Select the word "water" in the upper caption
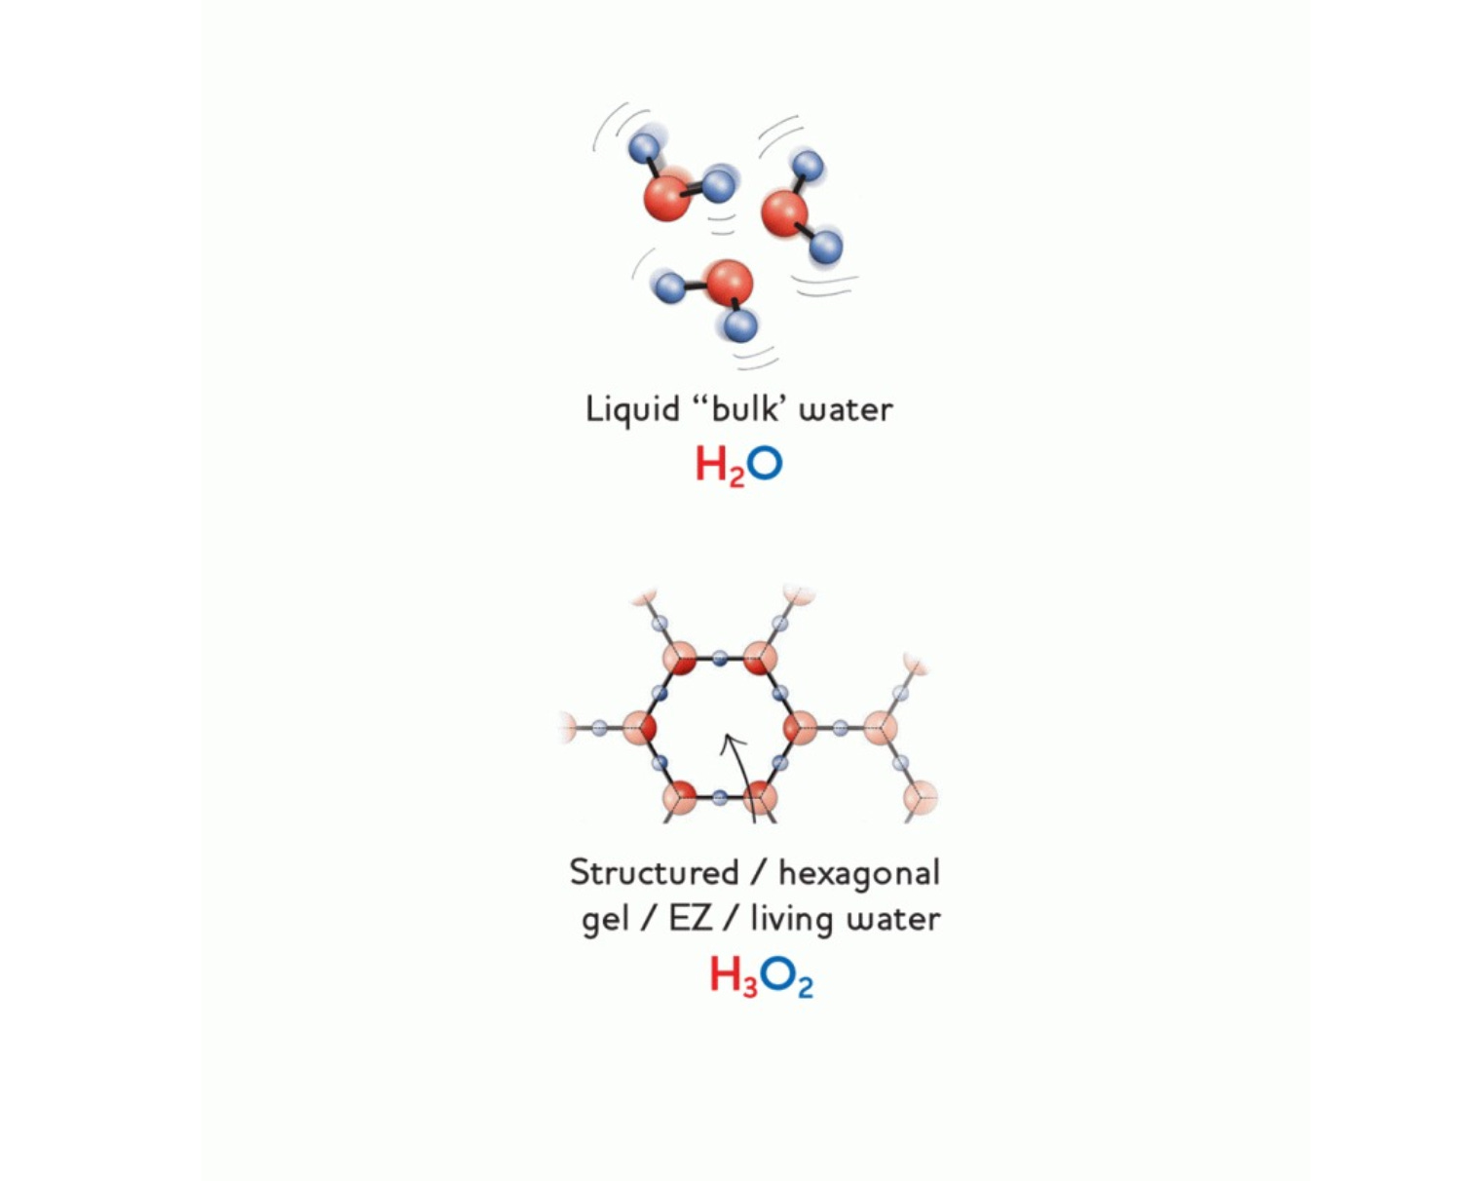845,409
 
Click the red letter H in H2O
711,464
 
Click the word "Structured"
654,872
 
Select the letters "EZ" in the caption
690,918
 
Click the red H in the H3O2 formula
726,973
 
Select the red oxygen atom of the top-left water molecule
667,196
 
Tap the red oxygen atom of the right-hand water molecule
784,213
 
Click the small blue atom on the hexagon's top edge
719,659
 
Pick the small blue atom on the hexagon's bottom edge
719,797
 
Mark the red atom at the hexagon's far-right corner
799,727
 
